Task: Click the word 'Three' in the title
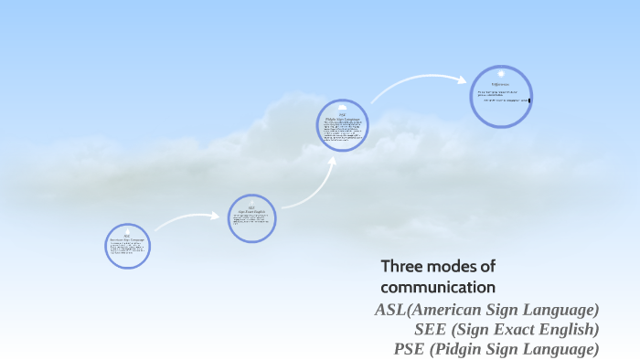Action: pyautogui.click(x=400, y=267)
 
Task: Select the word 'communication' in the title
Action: pyautogui.click(x=438, y=287)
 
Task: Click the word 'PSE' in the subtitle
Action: pyautogui.click(x=411, y=348)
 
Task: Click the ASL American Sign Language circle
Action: pyautogui.click(x=127, y=245)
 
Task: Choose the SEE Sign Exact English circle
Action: pyautogui.click(x=251, y=218)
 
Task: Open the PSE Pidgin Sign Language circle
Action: pyautogui.click(x=343, y=125)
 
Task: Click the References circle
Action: pyautogui.click(x=501, y=96)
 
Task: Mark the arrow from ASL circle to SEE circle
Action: pyautogui.click(x=187, y=219)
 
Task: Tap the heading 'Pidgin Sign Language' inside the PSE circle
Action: pyautogui.click(x=343, y=119)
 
